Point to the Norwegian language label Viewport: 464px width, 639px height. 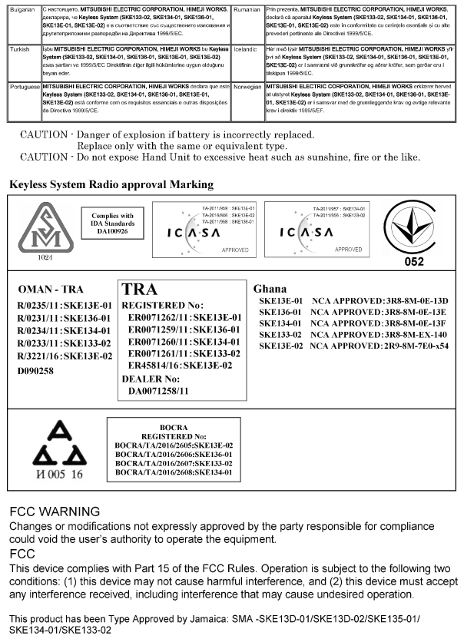[247, 88]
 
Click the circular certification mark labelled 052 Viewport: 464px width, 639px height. [414, 230]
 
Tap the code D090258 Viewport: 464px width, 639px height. [35, 370]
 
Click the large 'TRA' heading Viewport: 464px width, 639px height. [140, 289]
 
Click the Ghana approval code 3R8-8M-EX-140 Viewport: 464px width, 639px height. [414, 335]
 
